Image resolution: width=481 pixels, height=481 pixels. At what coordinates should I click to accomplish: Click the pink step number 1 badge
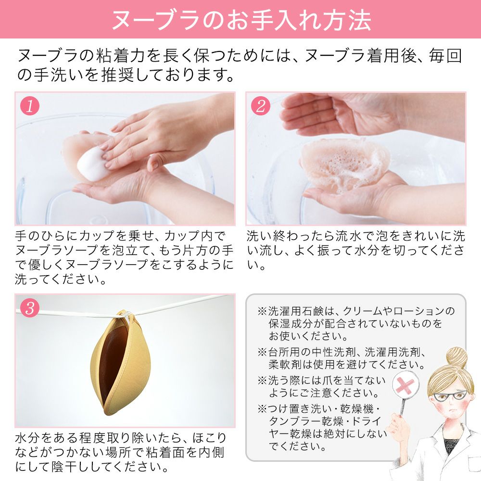[30, 106]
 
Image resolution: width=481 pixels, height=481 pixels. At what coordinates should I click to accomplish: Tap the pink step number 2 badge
[260, 106]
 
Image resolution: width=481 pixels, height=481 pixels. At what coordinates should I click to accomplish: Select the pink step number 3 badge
[30, 308]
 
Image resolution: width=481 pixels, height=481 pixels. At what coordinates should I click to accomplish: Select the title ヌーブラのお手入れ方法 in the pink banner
[240, 19]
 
